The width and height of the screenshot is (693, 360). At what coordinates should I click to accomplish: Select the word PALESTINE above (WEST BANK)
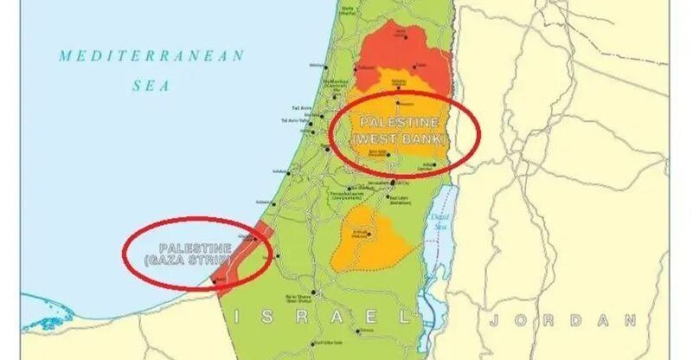click(x=399, y=122)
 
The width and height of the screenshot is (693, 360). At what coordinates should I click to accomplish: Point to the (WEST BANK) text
click(x=400, y=138)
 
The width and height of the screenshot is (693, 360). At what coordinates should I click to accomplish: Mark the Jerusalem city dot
click(x=393, y=183)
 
